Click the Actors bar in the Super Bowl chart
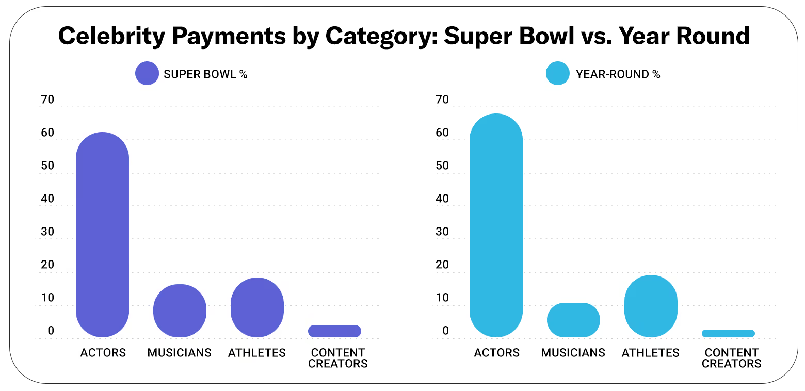(x=102, y=235)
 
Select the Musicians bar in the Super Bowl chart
(x=180, y=311)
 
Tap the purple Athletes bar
(x=257, y=307)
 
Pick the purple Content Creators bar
(x=334, y=331)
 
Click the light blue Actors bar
(x=496, y=225)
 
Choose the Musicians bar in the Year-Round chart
(x=573, y=320)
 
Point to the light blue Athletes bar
(x=651, y=306)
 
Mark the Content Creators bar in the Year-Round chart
(x=728, y=333)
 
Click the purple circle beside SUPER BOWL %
(x=147, y=74)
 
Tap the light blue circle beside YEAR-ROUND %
(x=558, y=74)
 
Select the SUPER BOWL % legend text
(x=205, y=74)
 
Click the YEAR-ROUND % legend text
(x=618, y=74)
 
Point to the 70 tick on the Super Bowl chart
(x=47, y=100)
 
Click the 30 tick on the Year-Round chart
(x=442, y=232)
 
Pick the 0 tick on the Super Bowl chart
(x=51, y=331)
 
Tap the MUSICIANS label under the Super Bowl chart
(x=179, y=353)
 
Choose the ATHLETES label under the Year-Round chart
(x=650, y=353)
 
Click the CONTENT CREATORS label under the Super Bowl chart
(x=337, y=358)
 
